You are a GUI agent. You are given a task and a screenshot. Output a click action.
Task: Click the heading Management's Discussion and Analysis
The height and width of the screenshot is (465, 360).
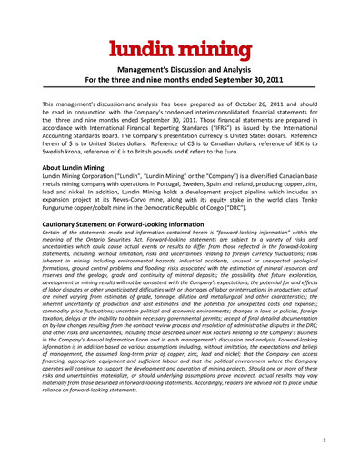click(x=179, y=71)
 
